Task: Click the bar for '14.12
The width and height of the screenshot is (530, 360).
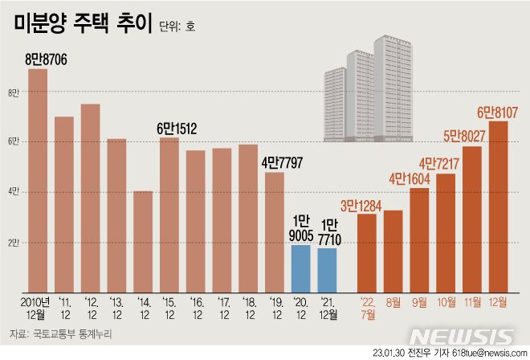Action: coord(143,240)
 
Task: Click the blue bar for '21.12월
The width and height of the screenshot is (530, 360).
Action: coord(328,269)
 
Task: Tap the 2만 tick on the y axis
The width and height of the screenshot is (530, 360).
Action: coord(13,242)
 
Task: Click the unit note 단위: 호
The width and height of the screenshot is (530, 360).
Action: coord(176,27)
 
